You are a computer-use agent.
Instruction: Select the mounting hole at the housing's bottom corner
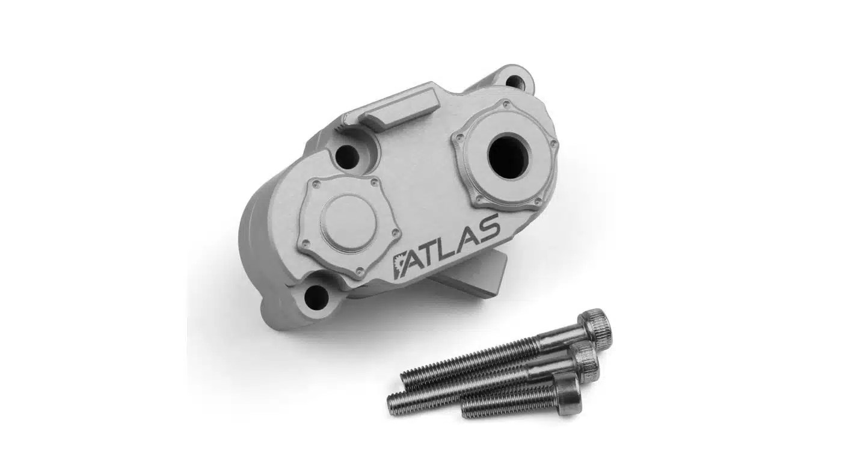316,295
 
